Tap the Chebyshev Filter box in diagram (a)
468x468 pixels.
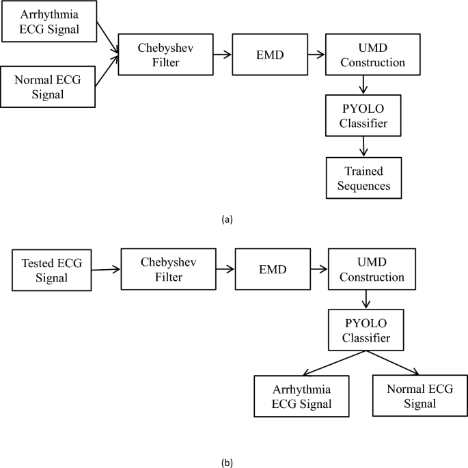155,54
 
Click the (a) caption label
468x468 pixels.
228,219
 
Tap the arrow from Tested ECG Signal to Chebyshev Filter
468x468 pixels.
104,270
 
